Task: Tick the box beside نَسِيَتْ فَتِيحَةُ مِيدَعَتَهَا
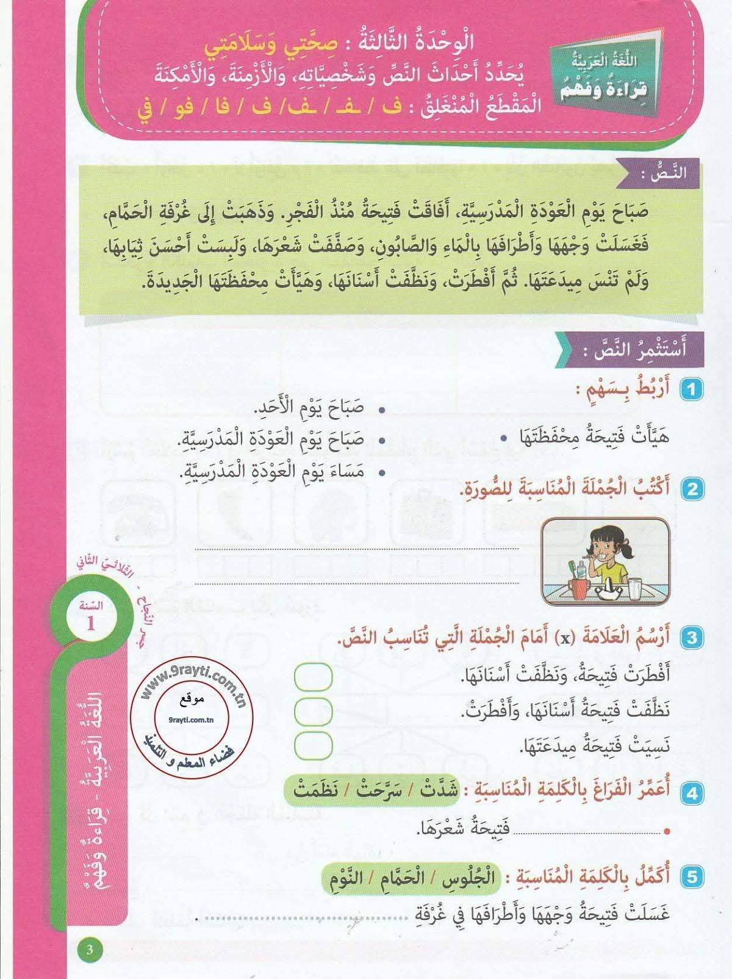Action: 313,745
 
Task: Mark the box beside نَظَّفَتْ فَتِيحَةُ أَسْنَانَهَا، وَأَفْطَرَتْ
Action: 313,710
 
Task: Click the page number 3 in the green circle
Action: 90,950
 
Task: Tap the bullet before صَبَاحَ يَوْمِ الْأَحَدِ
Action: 382,409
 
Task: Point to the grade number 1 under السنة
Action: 91,624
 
